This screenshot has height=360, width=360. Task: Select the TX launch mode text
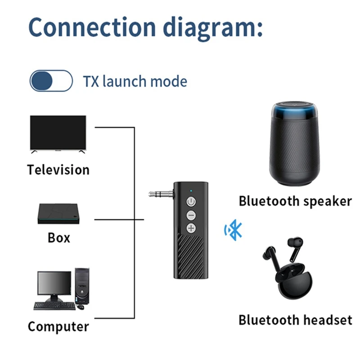[135, 81]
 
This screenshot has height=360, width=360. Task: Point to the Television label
[58, 170]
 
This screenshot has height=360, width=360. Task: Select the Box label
[59, 237]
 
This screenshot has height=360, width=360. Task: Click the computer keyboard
[54, 306]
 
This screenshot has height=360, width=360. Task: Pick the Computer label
[58, 326]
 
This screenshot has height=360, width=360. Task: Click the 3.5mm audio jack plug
[161, 194]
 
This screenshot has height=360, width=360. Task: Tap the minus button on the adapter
[191, 215]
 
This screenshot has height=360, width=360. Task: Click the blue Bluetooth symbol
[234, 230]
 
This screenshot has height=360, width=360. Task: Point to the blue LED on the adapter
[191, 190]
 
